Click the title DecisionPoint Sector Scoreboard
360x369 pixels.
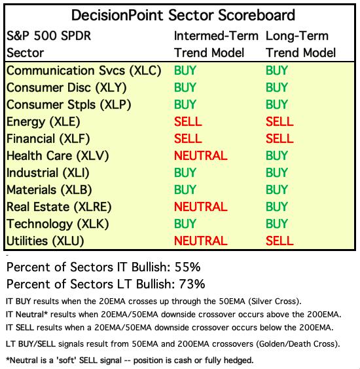(183, 15)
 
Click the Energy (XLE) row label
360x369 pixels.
(43, 122)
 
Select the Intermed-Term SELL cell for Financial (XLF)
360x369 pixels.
(188, 138)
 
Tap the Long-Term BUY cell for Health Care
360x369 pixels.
(277, 155)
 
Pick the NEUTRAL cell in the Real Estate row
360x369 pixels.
(201, 206)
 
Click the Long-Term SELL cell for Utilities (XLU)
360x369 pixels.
(279, 241)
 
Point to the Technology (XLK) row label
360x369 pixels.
(58, 224)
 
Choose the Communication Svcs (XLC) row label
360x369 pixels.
(84, 71)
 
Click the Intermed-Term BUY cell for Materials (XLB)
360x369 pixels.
(185, 189)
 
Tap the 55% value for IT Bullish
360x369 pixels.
(187, 267)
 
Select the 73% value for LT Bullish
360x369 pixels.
(192, 284)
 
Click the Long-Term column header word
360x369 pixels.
(297, 36)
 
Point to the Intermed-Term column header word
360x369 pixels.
(216, 36)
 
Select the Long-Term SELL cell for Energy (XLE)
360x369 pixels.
(279, 121)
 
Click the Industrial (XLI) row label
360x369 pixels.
(48, 173)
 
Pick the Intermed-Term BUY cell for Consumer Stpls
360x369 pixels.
(185, 104)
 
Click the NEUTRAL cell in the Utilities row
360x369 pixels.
(201, 241)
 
